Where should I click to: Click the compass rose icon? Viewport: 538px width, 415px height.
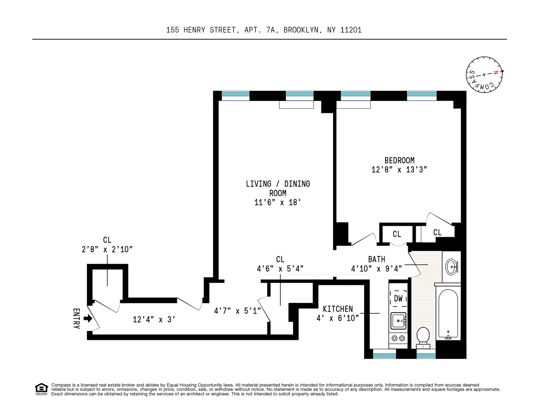pyautogui.click(x=484, y=75)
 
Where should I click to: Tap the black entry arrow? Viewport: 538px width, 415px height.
pyautogui.click(x=88, y=319)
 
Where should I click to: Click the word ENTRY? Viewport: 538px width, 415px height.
pyautogui.click(x=76, y=319)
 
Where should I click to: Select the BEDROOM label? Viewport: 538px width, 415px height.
pyautogui.click(x=399, y=160)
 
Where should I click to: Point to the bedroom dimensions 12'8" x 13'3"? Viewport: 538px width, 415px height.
pyautogui.click(x=399, y=170)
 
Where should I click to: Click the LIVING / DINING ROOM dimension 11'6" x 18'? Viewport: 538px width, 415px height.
pyautogui.click(x=277, y=203)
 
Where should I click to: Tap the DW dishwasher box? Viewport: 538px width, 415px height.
pyautogui.click(x=398, y=298)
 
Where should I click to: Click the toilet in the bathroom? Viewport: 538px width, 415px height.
pyautogui.click(x=423, y=337)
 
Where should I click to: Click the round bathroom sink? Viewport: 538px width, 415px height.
pyautogui.click(x=451, y=266)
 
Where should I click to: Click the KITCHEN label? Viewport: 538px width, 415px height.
pyautogui.click(x=338, y=309)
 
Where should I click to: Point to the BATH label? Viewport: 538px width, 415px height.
pyautogui.click(x=376, y=259)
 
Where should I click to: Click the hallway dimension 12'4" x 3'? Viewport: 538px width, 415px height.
pyautogui.click(x=153, y=320)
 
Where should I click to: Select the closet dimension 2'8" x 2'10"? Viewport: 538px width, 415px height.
pyautogui.click(x=107, y=249)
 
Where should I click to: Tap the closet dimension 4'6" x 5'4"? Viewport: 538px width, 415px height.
pyautogui.click(x=280, y=269)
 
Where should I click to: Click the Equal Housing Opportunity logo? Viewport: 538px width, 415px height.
pyautogui.click(x=41, y=389)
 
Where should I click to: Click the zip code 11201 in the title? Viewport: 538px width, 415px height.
pyautogui.click(x=350, y=30)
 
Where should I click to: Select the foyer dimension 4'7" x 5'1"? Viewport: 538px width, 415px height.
pyautogui.click(x=237, y=311)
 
